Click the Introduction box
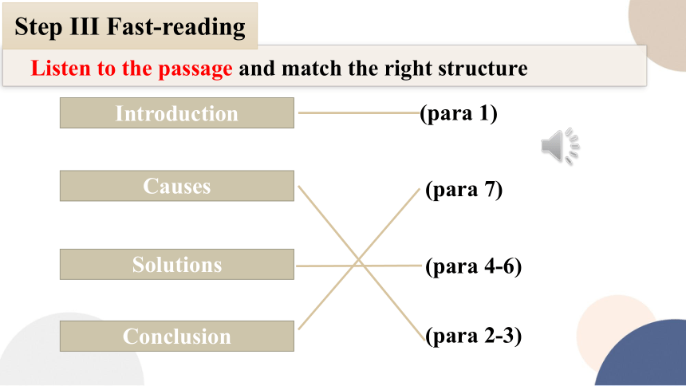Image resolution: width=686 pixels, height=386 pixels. pos(177,113)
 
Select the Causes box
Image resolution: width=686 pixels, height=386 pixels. pos(177,186)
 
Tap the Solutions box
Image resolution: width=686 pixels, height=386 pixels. pos(177,264)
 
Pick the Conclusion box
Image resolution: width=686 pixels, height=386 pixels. pos(177,336)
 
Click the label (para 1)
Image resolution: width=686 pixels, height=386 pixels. pos(459,113)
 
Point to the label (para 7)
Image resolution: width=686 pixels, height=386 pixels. pos(464,190)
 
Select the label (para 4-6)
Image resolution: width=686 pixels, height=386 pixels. pos(474,266)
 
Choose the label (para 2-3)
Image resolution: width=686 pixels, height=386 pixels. pos(474,336)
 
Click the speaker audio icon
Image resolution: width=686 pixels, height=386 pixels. pos(560,146)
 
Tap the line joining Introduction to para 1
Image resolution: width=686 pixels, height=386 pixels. pos(359,113)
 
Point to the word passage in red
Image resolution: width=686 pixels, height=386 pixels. pos(195,69)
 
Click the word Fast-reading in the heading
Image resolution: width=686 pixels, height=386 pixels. pos(175,27)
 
